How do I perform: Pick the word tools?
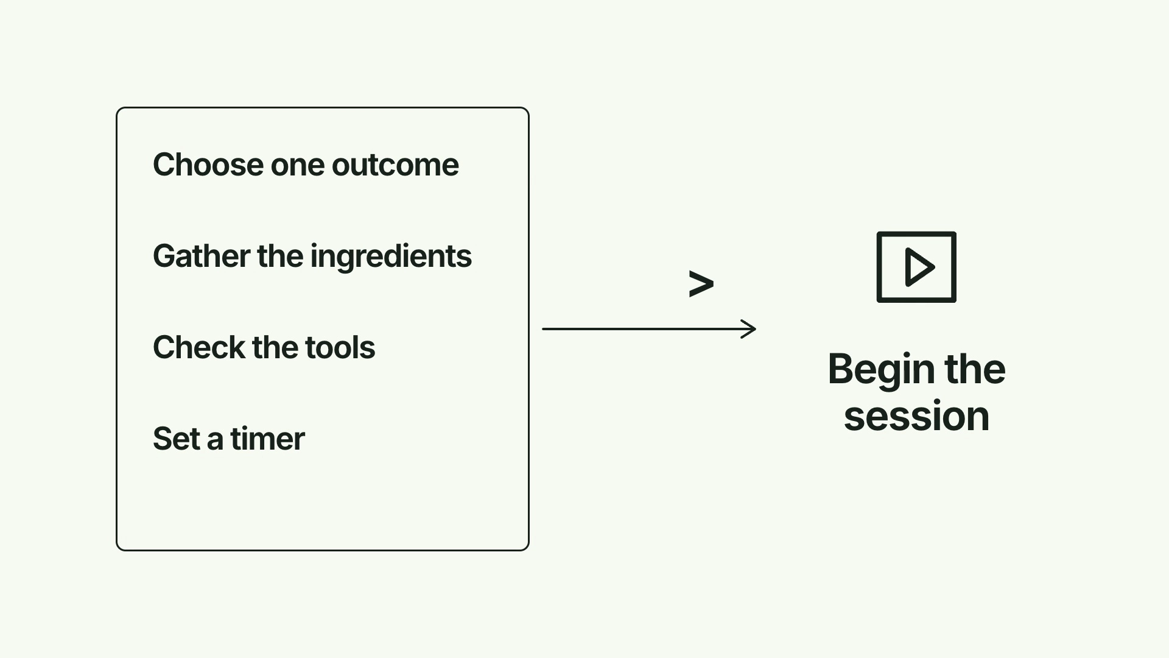(x=340, y=347)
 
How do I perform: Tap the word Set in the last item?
(x=177, y=439)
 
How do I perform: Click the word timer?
(x=267, y=439)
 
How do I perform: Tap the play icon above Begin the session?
(x=916, y=267)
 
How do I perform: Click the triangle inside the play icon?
(x=919, y=267)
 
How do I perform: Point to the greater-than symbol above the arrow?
(x=701, y=284)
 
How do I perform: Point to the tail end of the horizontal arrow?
(x=542, y=329)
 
